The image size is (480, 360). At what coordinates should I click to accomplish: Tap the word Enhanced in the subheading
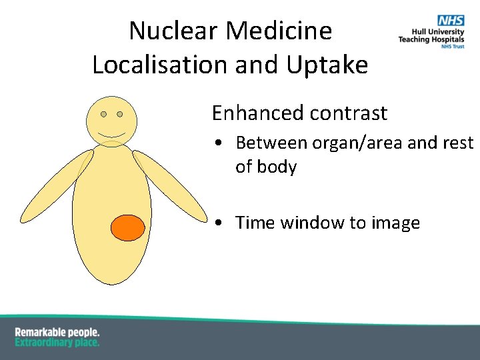click(x=251, y=113)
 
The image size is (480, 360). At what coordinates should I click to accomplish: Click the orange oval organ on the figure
click(x=127, y=227)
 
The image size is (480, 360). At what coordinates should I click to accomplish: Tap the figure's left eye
click(x=104, y=115)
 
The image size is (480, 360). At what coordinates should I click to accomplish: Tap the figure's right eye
click(x=120, y=115)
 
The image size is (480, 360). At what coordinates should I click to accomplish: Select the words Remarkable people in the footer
click(x=57, y=332)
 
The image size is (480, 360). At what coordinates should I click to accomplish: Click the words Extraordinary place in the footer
click(x=57, y=342)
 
